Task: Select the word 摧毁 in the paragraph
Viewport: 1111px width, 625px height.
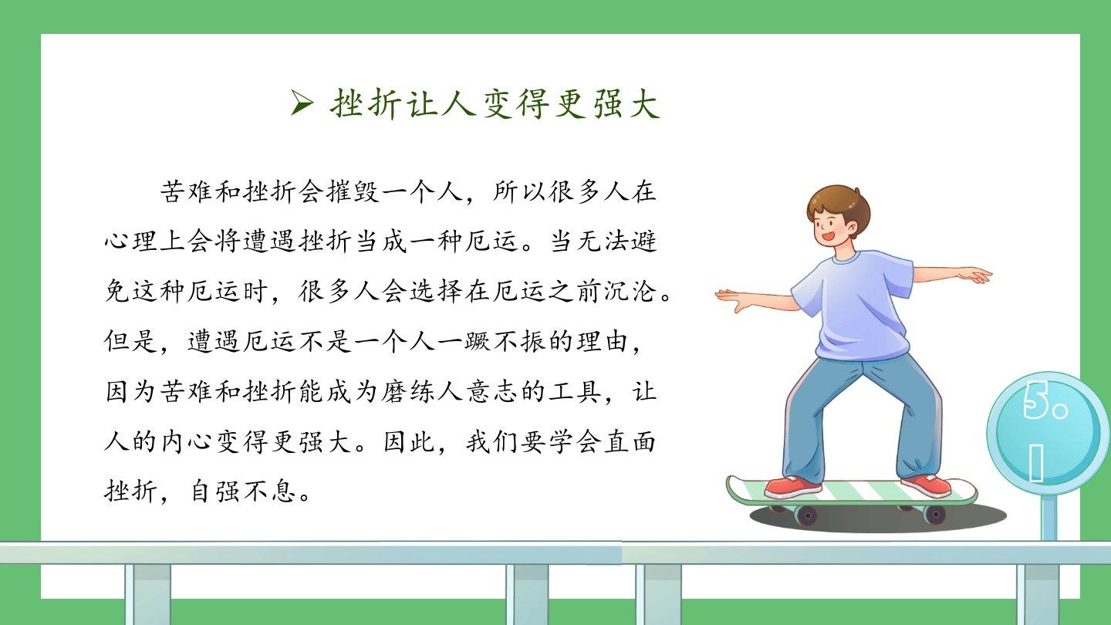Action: [x=353, y=191]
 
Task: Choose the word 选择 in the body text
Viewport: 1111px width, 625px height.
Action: [x=436, y=291]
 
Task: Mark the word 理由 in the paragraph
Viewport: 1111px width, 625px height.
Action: [x=602, y=341]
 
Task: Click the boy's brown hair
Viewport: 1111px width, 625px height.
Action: [x=838, y=204]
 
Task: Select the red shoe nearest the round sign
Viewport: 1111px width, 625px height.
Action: [x=927, y=485]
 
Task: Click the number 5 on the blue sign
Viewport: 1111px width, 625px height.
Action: [x=1035, y=401]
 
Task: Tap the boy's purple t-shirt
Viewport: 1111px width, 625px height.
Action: [x=854, y=303]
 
